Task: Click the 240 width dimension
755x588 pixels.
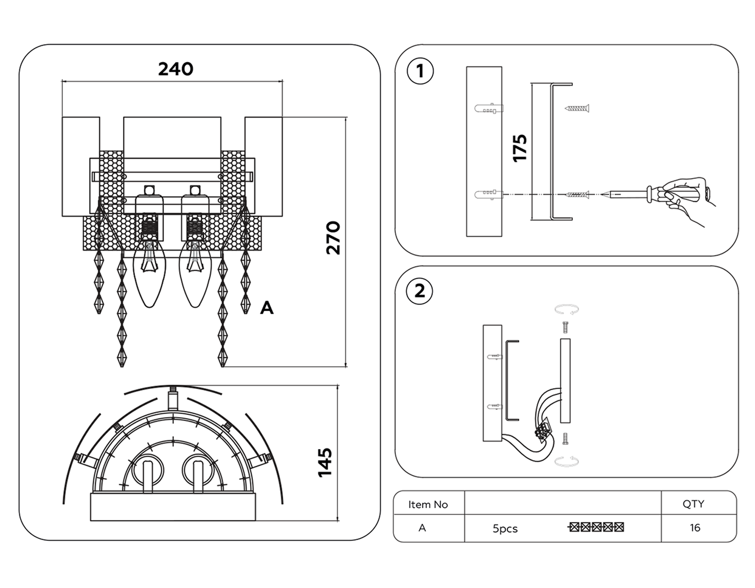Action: click(175, 69)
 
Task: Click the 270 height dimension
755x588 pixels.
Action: click(333, 238)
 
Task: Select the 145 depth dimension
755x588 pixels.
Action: click(325, 462)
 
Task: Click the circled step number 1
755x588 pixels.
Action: click(420, 71)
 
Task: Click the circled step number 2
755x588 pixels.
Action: click(419, 291)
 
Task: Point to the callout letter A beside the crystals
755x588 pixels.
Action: click(267, 308)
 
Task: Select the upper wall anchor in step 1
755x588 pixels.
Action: click(489, 109)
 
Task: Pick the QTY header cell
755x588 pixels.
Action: click(693, 504)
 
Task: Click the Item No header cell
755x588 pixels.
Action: click(428, 504)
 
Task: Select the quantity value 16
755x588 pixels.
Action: click(695, 528)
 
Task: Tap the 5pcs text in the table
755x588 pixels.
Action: click(505, 528)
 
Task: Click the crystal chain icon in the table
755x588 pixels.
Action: click(596, 527)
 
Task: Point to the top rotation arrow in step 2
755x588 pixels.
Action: click(566, 310)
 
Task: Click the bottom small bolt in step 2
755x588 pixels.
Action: click(565, 439)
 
